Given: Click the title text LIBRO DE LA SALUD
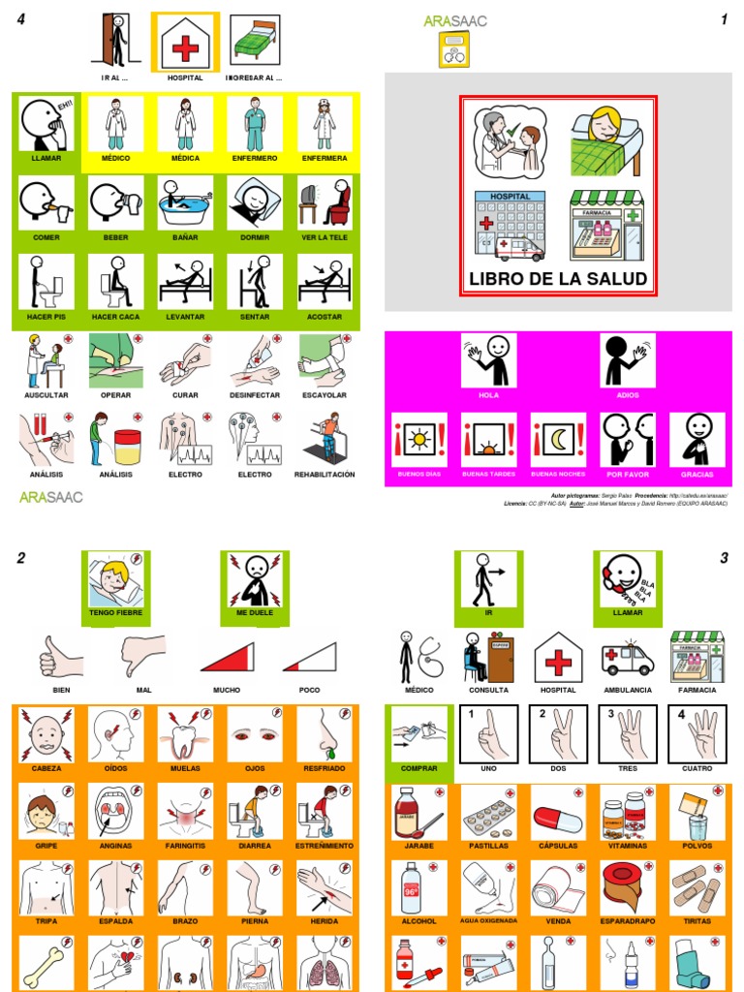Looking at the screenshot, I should tap(558, 279).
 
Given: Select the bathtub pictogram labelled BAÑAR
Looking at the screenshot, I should tap(186, 202).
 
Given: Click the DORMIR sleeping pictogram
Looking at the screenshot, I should tap(255, 202).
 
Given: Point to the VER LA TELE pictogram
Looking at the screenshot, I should tap(325, 202).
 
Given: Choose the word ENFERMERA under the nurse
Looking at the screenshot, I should tap(325, 158).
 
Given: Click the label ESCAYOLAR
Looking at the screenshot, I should tap(325, 395).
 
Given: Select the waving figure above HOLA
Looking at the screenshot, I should tap(488, 360).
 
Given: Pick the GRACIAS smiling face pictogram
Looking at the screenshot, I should tap(697, 439).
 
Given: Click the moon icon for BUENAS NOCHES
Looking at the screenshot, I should tap(558, 439).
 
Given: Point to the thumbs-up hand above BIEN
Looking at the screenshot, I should tap(59, 656).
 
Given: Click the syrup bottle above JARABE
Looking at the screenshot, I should tap(418, 812).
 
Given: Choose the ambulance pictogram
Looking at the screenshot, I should tap(627, 657).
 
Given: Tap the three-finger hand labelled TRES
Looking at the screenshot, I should tap(627, 733).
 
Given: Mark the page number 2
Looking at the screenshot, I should tap(20, 557).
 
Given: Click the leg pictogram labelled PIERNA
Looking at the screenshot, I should tap(255, 888).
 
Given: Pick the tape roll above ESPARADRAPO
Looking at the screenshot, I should tap(627, 888).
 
